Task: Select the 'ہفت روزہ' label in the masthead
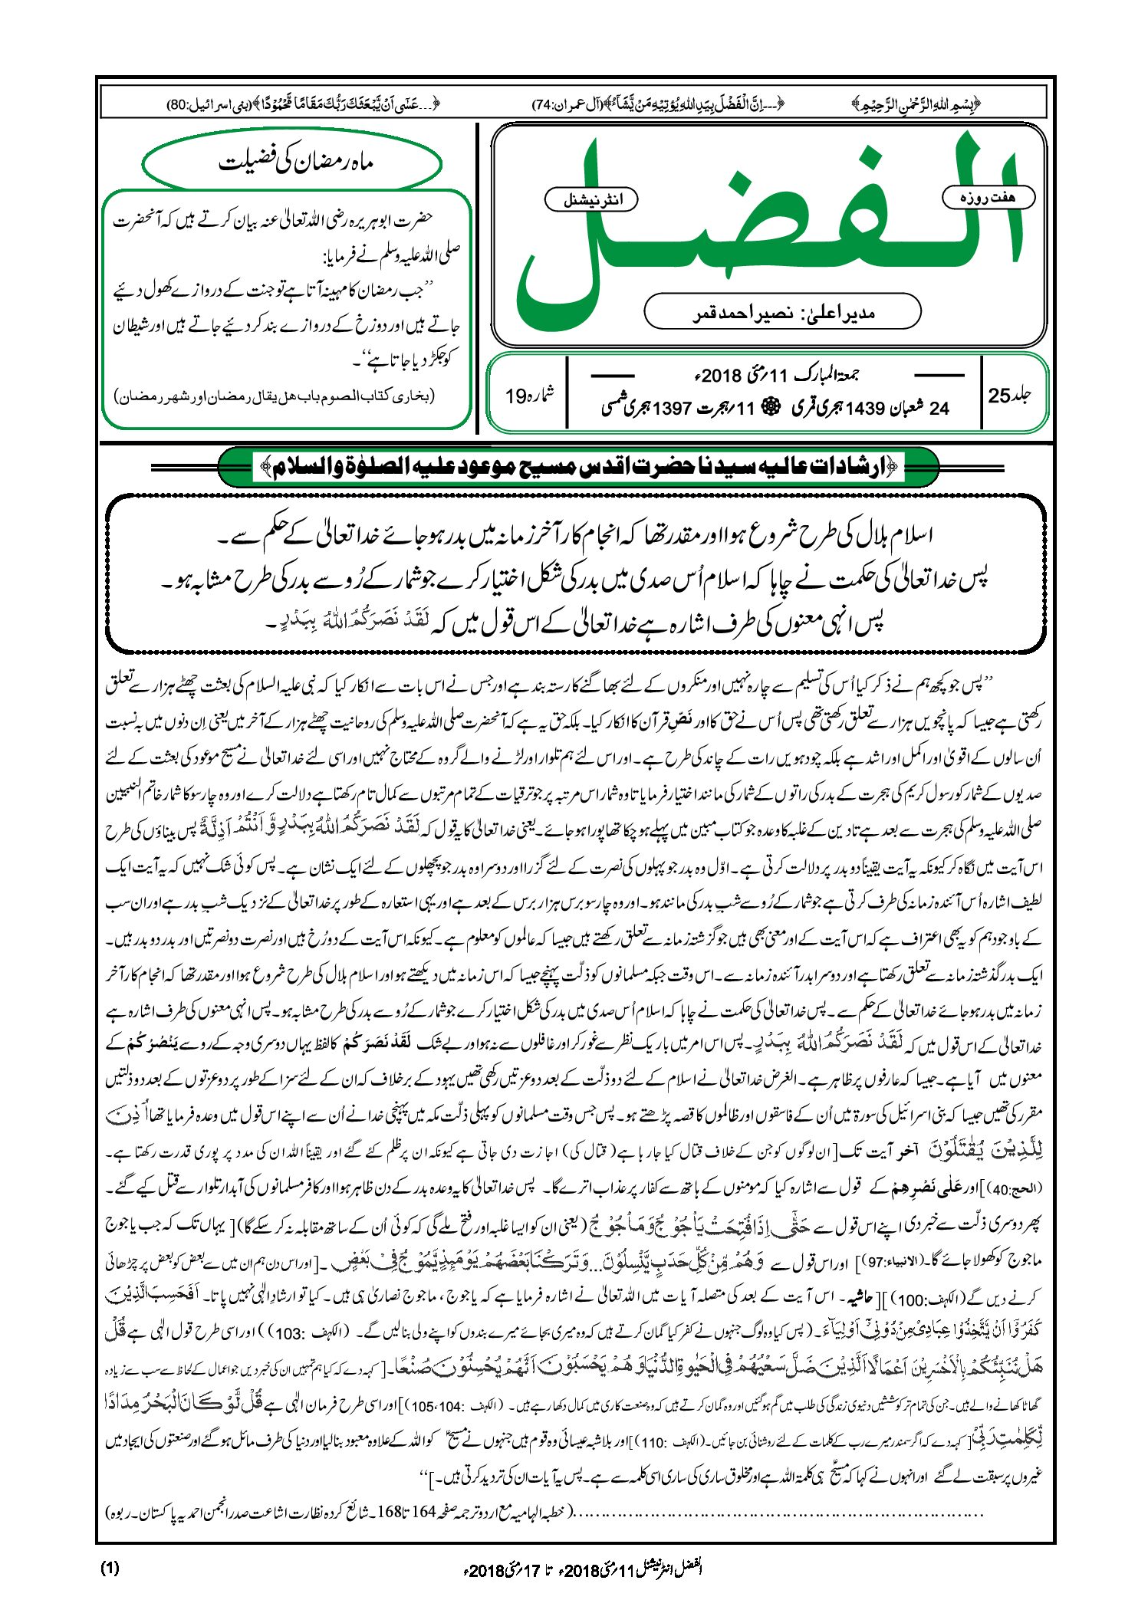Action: [x=988, y=197]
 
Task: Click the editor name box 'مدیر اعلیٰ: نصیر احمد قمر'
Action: [x=781, y=312]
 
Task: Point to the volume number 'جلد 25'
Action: [x=1009, y=396]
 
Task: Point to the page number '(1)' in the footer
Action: [x=110, y=1568]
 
